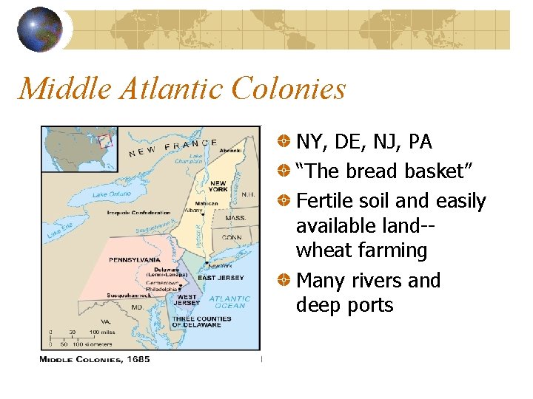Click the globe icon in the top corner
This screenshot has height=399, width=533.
(40, 29)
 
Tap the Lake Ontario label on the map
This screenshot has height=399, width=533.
(113, 194)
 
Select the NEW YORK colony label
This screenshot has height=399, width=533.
(218, 186)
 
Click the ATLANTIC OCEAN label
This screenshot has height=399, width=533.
(230, 302)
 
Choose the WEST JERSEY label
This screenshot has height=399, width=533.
(187, 299)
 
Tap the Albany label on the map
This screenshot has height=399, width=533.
(193, 210)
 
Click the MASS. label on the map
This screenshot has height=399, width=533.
(235, 219)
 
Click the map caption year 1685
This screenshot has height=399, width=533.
(137, 359)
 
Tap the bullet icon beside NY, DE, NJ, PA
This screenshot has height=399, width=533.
(284, 141)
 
